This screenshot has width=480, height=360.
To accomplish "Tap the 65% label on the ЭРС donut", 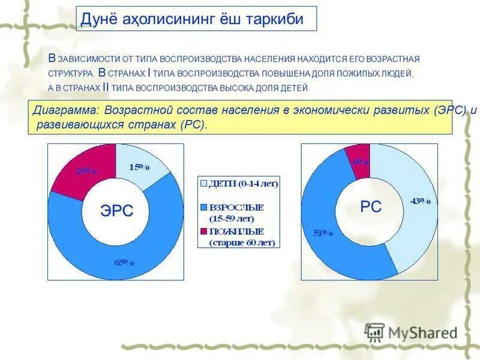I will click(125, 262).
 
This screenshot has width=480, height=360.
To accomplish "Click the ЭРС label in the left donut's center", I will click(116, 211).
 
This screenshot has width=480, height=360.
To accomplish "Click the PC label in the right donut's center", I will click(370, 207).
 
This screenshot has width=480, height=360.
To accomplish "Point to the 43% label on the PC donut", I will click(419, 202).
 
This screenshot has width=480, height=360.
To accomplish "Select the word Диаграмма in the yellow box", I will click(65, 111).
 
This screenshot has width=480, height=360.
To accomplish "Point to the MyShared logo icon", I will click(374, 332).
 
